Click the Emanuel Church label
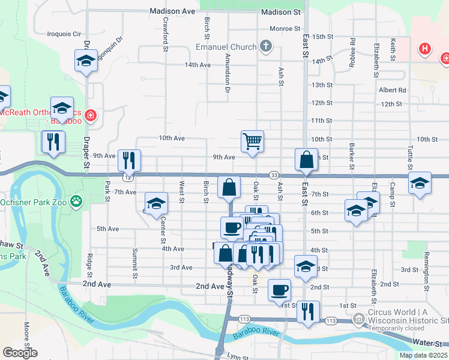coord(226,47)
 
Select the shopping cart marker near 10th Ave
coord(253,142)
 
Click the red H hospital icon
coord(425,48)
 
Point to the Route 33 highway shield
coord(273,175)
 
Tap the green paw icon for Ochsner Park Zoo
coord(76,200)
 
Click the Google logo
coord(20,353)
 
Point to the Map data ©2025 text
coord(423,355)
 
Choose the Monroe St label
coord(285,28)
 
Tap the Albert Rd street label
coord(393,90)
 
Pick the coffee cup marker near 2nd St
coord(279,291)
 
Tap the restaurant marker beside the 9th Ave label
coord(129,160)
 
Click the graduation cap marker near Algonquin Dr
coord(86,61)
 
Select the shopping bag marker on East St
coord(306,160)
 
